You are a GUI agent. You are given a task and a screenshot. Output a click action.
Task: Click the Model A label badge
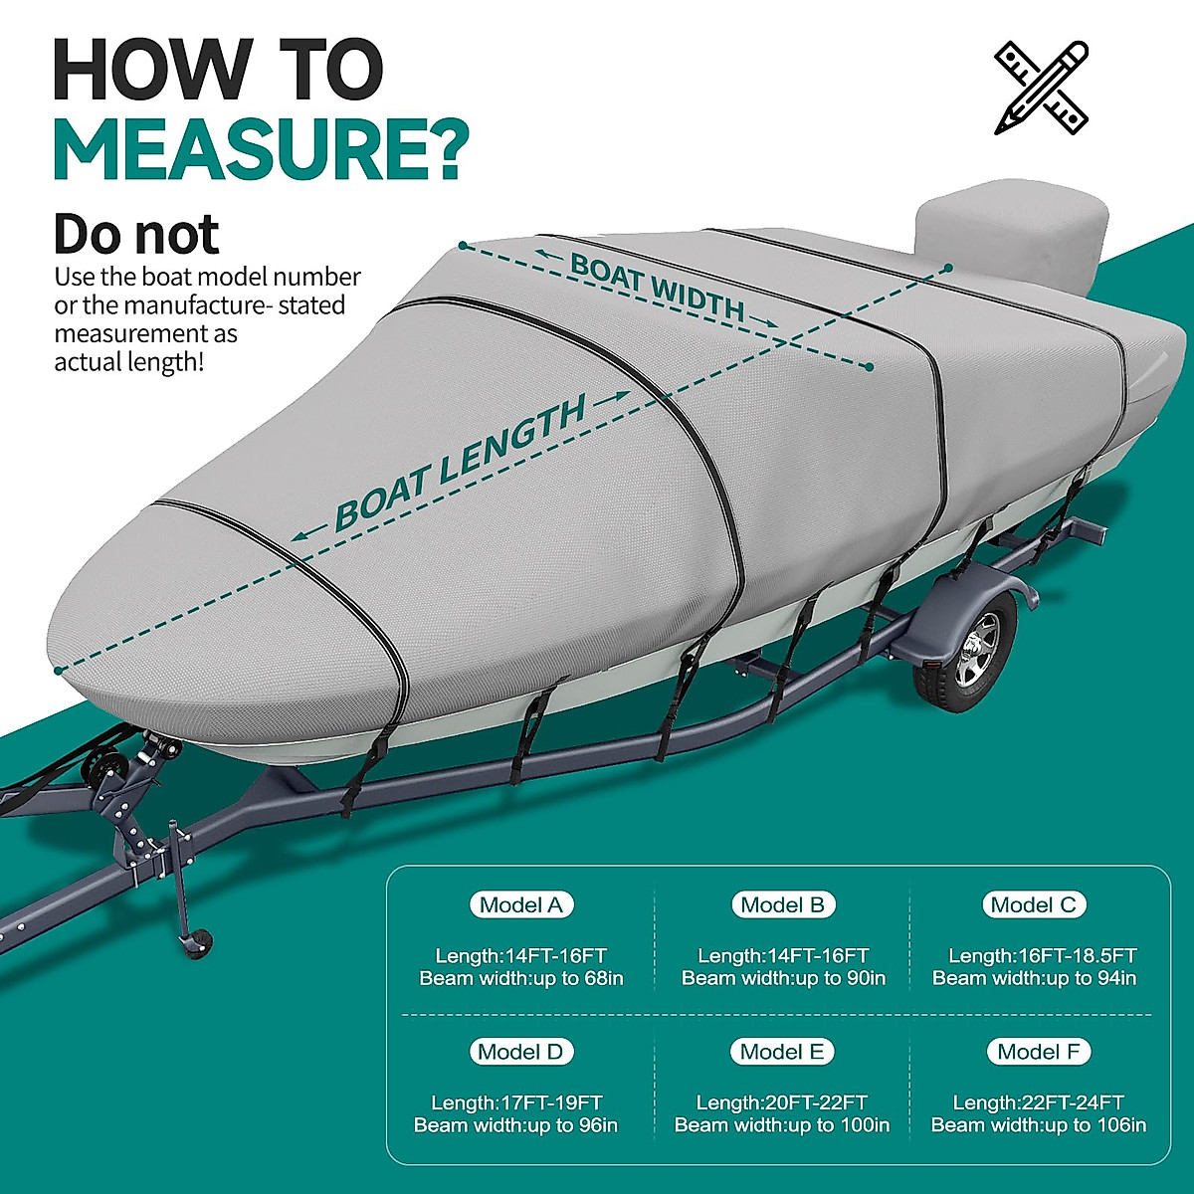tap(520, 904)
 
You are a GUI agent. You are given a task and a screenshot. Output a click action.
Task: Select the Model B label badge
tap(783, 904)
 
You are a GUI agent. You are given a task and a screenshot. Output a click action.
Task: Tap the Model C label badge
tap(1034, 904)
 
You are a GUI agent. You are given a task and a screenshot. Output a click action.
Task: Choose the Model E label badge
tap(782, 1052)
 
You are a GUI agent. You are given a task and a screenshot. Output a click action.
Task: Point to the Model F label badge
tap(1038, 1052)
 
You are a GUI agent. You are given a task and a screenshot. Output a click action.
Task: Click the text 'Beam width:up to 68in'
tap(521, 978)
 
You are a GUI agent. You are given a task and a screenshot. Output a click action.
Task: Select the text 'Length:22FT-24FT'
tap(1038, 1102)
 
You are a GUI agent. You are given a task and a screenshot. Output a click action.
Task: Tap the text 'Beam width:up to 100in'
tap(782, 1125)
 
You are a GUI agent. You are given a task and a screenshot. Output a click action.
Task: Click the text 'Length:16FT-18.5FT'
tap(1042, 955)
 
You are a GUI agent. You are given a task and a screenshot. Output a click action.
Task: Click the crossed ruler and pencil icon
tap(1041, 88)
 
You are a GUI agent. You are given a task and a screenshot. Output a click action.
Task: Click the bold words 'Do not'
tap(135, 234)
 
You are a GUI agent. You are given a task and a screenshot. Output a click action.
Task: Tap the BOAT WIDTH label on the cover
tap(657, 289)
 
